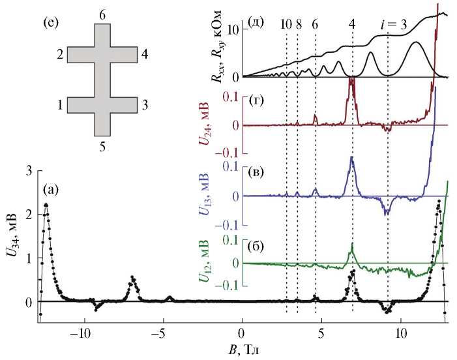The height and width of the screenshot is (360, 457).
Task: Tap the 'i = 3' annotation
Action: click(x=394, y=25)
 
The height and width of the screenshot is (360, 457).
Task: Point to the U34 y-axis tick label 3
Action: click(x=28, y=170)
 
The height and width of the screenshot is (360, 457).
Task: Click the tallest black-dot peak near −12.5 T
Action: click(x=46, y=205)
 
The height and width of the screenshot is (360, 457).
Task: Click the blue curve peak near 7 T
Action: click(x=351, y=157)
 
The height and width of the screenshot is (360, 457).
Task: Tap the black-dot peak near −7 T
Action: click(x=132, y=277)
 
